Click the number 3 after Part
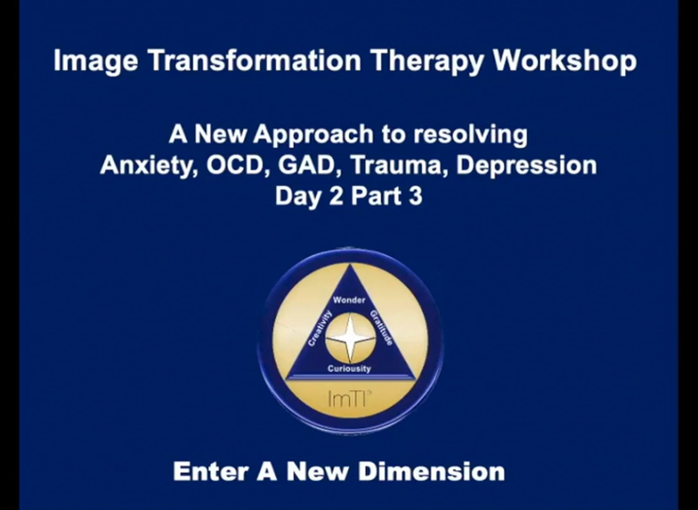click(x=416, y=196)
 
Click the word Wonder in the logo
click(x=349, y=300)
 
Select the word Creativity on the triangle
click(x=320, y=328)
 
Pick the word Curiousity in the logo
click(x=349, y=369)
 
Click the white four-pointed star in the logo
click(x=350, y=338)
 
